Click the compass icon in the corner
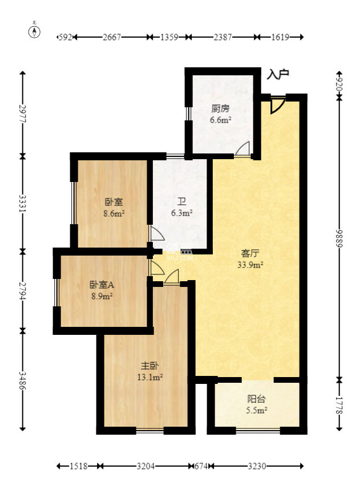[35, 31]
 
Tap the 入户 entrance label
[278, 74]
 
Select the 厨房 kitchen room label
[220, 109]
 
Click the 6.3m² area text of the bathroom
[181, 213]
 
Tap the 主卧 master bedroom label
[150, 366]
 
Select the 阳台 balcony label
[256, 399]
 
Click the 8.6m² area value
[114, 213]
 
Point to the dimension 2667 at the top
[112, 37]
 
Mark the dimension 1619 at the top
[280, 37]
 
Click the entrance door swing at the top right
[276, 104]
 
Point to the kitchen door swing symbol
[242, 149]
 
